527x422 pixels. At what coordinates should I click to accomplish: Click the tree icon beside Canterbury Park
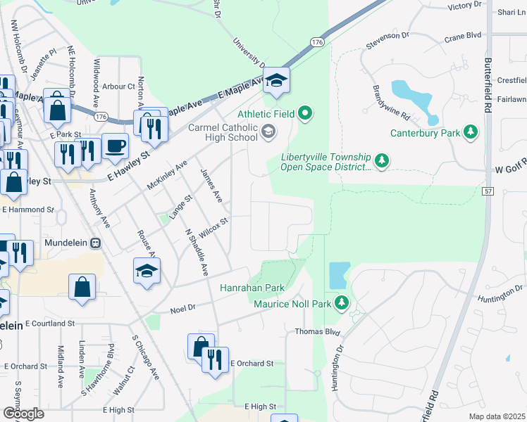click(470, 132)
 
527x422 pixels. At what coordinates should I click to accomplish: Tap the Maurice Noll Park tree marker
click(342, 302)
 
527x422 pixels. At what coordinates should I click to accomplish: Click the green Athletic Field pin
click(304, 113)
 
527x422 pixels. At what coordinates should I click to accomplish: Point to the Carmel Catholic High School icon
click(268, 132)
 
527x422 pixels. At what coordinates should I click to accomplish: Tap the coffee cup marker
click(115, 146)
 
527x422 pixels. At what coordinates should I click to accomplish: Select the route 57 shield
click(488, 191)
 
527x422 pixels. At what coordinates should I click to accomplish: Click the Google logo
click(23, 414)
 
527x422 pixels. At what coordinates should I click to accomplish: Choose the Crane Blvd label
click(462, 34)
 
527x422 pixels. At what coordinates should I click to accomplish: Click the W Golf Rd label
click(511, 170)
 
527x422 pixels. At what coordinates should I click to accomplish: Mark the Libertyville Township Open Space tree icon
click(382, 162)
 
